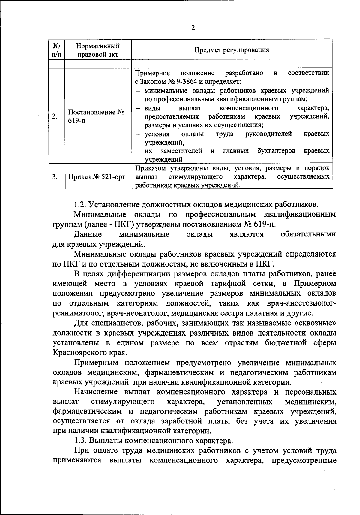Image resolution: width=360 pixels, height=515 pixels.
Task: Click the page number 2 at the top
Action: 193,28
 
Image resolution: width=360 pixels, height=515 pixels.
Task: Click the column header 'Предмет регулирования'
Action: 232,50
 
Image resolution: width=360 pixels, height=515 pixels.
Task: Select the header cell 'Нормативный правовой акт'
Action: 98,50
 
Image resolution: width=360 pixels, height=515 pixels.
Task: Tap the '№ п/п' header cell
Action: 57,50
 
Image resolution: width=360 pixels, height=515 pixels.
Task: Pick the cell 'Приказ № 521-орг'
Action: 97,177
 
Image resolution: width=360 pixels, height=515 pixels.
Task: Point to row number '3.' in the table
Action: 55,177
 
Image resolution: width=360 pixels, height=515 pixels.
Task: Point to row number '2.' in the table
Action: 54,116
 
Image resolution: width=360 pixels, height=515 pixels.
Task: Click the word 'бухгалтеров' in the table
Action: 276,151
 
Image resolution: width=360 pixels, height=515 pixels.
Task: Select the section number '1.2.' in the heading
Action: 80,205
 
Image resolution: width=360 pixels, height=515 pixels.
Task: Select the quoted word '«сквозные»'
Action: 316,323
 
